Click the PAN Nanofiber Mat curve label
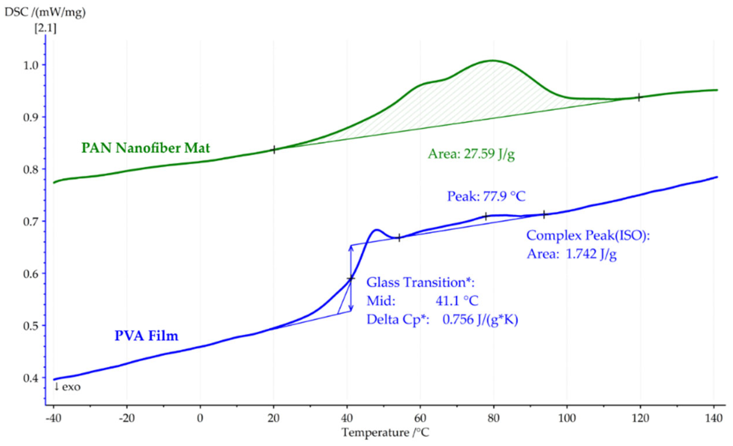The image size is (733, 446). pyautogui.click(x=145, y=148)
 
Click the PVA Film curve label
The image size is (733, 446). pyautogui.click(x=146, y=336)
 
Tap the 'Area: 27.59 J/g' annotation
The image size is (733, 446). pyautogui.click(x=471, y=154)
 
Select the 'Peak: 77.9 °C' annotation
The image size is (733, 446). pyautogui.click(x=486, y=197)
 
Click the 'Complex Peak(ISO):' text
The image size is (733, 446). pyautogui.click(x=588, y=236)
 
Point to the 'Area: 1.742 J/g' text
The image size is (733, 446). pyautogui.click(x=572, y=254)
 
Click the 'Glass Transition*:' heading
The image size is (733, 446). pyautogui.click(x=420, y=283)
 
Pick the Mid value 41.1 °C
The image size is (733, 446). pyautogui.click(x=457, y=301)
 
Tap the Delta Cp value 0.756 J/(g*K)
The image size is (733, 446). pyautogui.click(x=480, y=320)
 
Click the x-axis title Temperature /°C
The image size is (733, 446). pyautogui.click(x=385, y=432)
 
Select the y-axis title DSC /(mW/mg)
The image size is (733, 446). pyautogui.click(x=45, y=12)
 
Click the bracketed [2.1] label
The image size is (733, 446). pyautogui.click(x=46, y=29)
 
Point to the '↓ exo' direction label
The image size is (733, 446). pyautogui.click(x=67, y=387)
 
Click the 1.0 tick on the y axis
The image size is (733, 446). pyautogui.click(x=31, y=66)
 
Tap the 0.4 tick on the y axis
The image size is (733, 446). pyautogui.click(x=31, y=378)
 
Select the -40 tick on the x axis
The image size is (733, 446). pyautogui.click(x=54, y=418)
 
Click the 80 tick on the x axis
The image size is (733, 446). pyautogui.click(x=493, y=418)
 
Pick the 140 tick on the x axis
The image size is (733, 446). pyautogui.click(x=714, y=418)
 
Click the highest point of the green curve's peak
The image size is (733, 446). pyautogui.click(x=492, y=61)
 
